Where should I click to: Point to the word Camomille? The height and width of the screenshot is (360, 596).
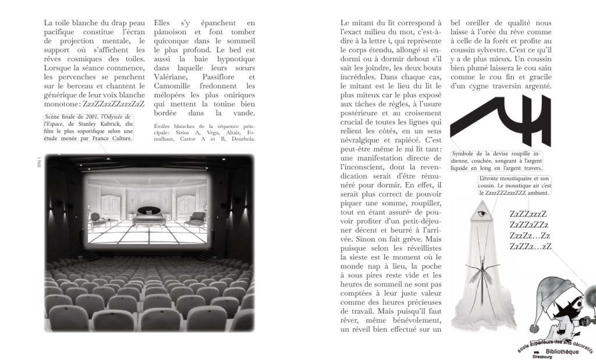click(175, 87)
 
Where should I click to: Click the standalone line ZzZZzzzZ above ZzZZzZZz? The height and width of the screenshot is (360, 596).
click(528, 215)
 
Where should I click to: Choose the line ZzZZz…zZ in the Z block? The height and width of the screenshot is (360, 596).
click(530, 247)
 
